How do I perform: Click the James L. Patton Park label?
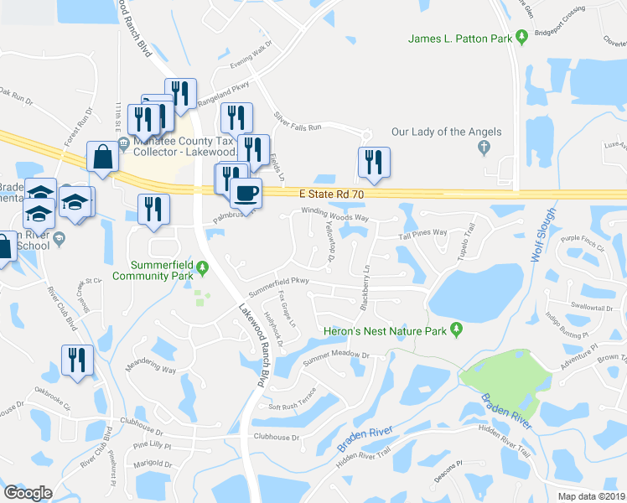[459, 38]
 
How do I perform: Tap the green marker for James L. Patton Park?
[521, 37]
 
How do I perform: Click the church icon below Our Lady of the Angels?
[483, 148]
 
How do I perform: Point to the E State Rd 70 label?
[334, 194]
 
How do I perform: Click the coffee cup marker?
[246, 192]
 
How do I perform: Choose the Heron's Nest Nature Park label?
[386, 330]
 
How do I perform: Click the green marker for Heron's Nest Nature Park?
[456, 329]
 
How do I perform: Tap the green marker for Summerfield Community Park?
[202, 269]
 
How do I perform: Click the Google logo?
[28, 493]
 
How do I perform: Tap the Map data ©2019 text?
[592, 495]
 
